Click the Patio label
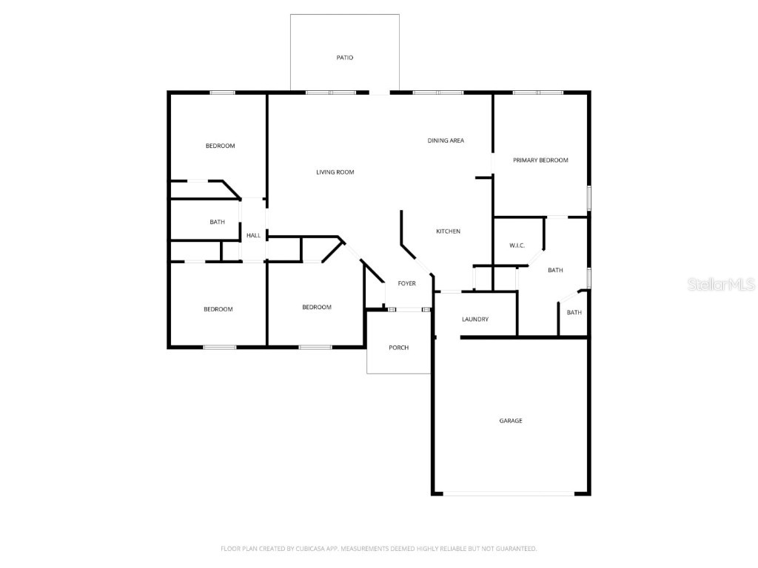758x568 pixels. [x=345, y=57]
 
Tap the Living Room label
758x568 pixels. [x=335, y=172]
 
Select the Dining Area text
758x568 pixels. [x=446, y=141]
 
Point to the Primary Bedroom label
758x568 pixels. [x=540, y=160]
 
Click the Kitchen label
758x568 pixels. [x=448, y=231]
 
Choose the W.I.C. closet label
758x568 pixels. [x=517, y=246]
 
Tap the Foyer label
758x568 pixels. [x=406, y=283]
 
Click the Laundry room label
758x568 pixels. [x=474, y=319]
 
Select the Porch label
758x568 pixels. [x=398, y=348]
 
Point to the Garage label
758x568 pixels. [x=510, y=421]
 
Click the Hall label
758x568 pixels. [x=253, y=235]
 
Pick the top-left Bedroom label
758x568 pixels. [x=220, y=146]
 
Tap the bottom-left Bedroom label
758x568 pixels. [x=218, y=309]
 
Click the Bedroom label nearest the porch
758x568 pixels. [x=317, y=307]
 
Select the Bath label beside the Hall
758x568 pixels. [x=217, y=222]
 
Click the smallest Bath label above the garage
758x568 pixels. [x=574, y=312]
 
